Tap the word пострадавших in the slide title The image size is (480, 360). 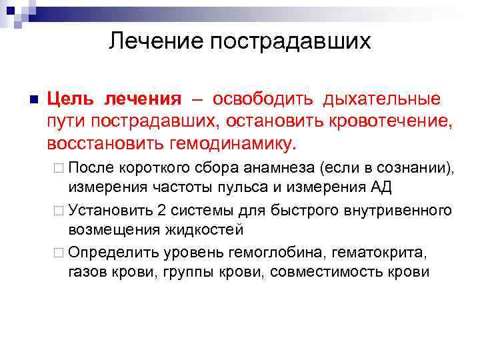coord(290,41)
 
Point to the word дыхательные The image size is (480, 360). coord(381,99)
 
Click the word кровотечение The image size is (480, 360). coord(389,122)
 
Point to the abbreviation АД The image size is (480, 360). coord(381,185)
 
